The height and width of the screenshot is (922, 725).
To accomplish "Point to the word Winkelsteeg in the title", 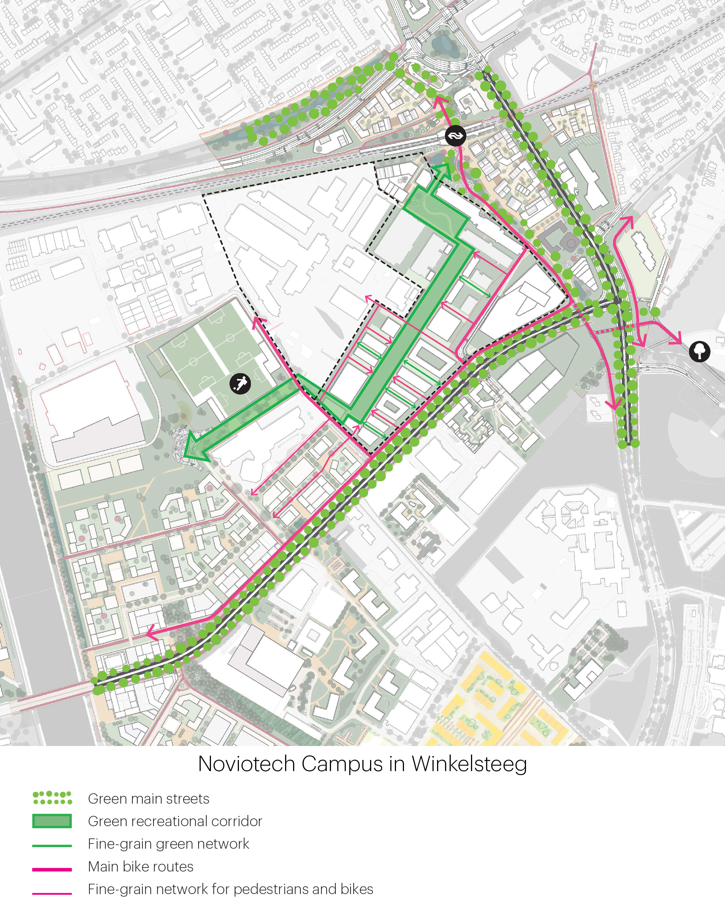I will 469,764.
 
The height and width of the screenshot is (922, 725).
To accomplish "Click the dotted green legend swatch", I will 52,798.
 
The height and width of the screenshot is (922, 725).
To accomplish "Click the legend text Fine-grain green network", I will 168,844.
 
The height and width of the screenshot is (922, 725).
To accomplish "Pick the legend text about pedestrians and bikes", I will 230,889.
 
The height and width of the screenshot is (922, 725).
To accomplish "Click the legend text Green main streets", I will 149,798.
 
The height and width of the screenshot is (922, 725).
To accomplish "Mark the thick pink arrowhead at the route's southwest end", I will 151,634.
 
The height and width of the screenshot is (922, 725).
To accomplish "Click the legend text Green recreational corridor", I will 175,821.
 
